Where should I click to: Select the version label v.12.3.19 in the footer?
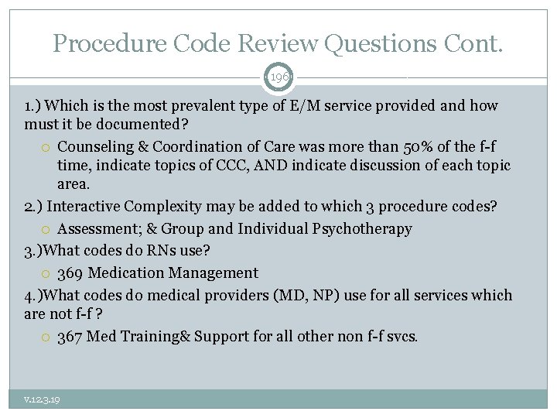pos(42,399)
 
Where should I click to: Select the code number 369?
pos(70,273)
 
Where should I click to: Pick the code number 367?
pos(70,337)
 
